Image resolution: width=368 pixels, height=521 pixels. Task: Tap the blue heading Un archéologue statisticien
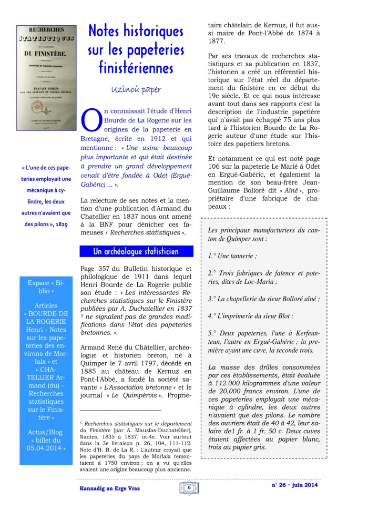coord(136,251)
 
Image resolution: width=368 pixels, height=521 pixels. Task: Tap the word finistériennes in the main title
coord(136,67)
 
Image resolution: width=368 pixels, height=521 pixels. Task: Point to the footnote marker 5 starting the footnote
coord(81,422)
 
